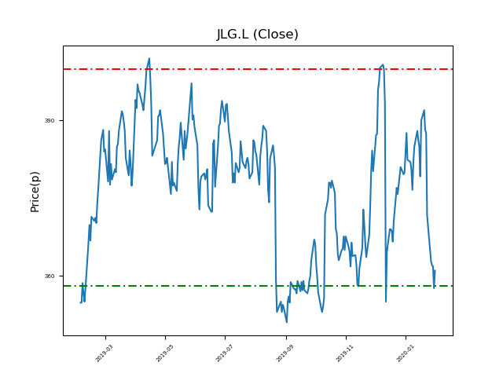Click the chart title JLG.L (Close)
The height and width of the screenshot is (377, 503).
tap(258, 35)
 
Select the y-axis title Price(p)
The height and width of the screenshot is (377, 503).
tap(35, 191)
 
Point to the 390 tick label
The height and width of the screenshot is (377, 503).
tap(50, 120)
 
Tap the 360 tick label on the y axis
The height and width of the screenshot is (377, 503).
tap(50, 276)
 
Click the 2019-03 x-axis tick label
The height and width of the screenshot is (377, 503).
tap(105, 352)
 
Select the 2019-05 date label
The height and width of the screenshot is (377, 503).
tap(165, 352)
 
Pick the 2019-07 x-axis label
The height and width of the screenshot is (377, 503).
tap(226, 352)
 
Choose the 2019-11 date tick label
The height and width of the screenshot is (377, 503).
tap(346, 352)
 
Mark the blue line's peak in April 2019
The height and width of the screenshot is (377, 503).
tap(149, 58)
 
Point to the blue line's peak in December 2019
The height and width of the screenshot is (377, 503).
tap(383, 64)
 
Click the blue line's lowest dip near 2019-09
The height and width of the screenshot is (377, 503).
tap(286, 322)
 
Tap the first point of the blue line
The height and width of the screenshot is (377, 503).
tap(80, 302)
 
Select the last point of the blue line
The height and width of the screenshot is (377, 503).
tap(435, 270)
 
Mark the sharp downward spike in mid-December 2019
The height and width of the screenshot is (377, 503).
tap(386, 302)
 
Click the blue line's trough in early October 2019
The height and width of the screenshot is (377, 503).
tap(322, 312)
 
